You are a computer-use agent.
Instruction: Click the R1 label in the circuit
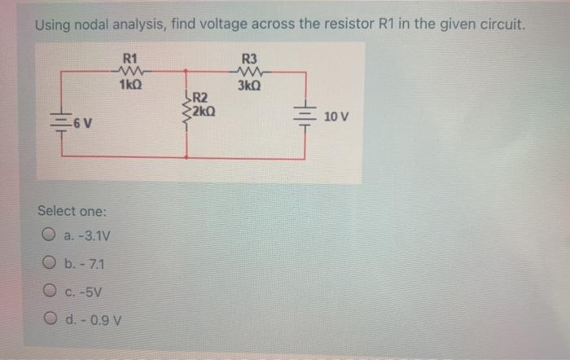(129, 59)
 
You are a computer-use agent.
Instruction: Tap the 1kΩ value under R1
(129, 85)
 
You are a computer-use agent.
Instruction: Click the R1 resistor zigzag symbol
(129, 72)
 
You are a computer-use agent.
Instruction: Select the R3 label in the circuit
(250, 59)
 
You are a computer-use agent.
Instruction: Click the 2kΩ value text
(204, 111)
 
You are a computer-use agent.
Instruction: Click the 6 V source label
(81, 124)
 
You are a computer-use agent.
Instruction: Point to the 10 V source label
(335, 116)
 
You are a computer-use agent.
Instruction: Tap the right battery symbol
(306, 116)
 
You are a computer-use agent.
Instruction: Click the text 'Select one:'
(72, 211)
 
